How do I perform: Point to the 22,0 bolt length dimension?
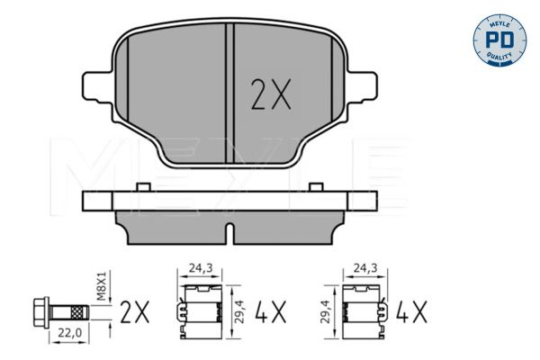68,333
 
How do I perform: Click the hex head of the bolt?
40,312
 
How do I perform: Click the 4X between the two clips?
270,313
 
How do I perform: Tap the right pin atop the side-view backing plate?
316,186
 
